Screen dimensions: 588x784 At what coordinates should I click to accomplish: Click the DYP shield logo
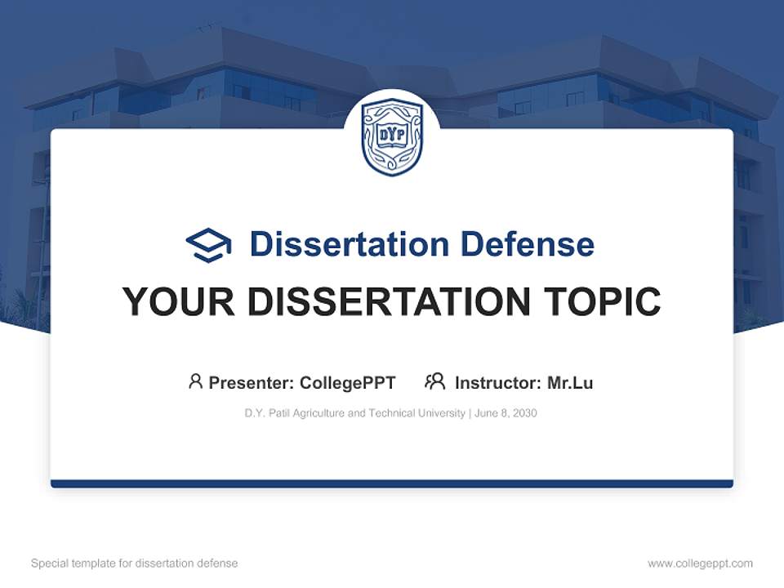(392, 136)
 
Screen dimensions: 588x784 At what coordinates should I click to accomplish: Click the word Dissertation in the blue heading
(350, 244)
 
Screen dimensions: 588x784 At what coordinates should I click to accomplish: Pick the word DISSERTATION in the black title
(390, 302)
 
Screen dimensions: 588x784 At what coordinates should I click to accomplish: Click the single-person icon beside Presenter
(195, 381)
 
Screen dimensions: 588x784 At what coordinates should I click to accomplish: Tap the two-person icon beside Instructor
(434, 381)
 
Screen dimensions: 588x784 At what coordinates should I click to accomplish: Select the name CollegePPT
(348, 383)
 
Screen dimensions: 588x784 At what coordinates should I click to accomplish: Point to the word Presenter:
(252, 383)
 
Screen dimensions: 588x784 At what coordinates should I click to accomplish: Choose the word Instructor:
(498, 383)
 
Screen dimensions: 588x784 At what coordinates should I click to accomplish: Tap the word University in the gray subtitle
(439, 413)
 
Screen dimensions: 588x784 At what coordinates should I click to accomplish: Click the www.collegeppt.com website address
(700, 563)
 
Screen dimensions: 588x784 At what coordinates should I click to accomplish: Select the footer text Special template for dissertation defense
(134, 563)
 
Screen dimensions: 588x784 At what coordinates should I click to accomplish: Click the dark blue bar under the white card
(392, 483)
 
